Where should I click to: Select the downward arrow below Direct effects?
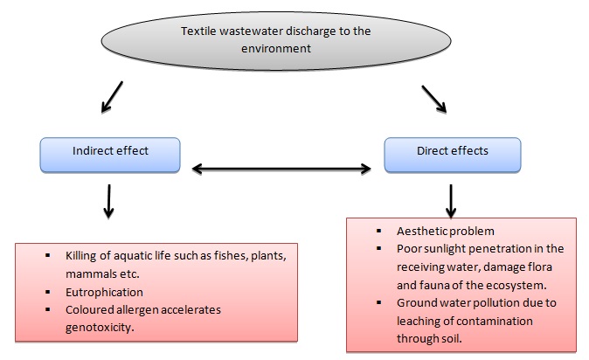click(x=451, y=199)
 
